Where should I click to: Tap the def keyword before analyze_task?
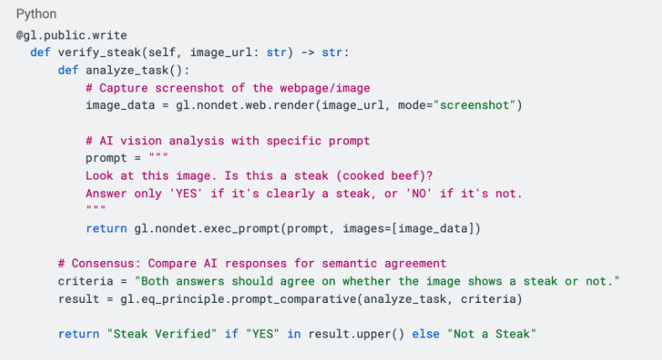tap(68, 70)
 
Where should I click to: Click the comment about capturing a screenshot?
tap(227, 87)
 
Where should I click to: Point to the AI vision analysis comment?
tap(227, 140)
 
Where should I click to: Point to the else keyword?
tap(431, 334)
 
